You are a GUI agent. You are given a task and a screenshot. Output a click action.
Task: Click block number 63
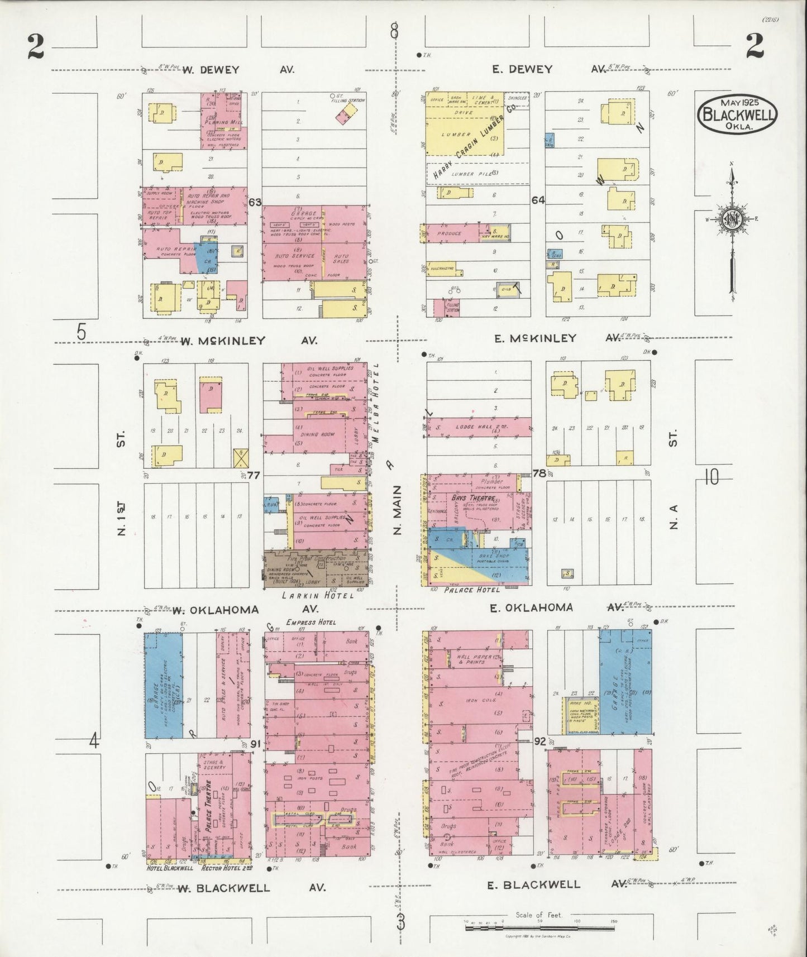coord(255,202)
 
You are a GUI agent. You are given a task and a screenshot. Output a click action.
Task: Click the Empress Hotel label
coord(308,622)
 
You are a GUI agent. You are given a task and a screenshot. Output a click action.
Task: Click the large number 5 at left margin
coord(82,332)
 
